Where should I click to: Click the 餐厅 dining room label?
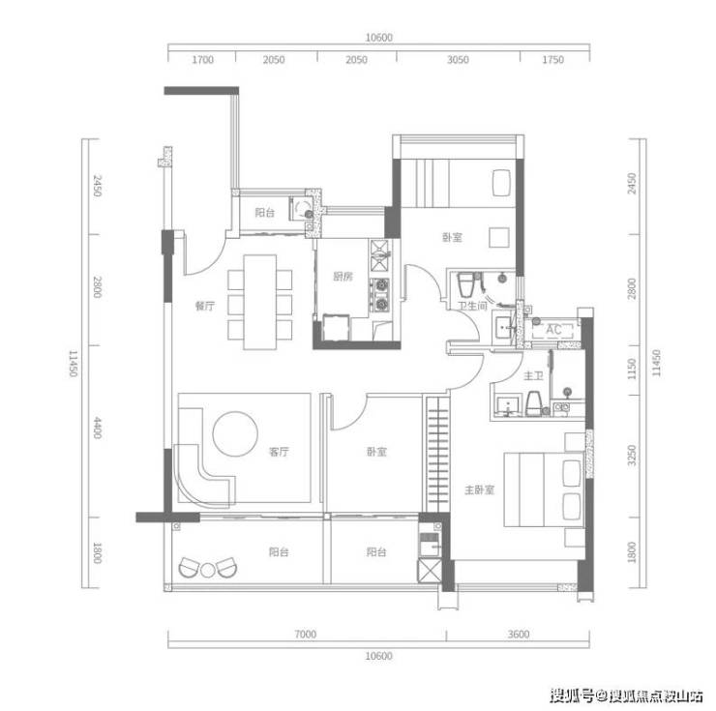204,306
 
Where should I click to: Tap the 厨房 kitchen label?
343,277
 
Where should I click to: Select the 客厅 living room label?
279,452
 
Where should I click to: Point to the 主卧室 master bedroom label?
480,490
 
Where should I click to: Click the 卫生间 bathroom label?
472,306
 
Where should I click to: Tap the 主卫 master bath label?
533,376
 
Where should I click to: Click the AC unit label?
553,329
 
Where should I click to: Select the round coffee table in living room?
235,433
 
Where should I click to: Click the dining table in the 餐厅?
260,303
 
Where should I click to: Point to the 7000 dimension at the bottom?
305,634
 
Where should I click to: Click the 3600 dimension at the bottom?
519,634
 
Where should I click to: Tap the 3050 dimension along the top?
458,59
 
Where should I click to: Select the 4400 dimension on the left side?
98,428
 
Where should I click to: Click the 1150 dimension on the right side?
632,369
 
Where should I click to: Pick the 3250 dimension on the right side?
632,456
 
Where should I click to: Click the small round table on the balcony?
208,571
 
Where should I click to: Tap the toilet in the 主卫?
534,403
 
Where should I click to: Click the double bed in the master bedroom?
544,489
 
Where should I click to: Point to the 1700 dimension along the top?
202,59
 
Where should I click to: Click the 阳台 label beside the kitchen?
265,213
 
